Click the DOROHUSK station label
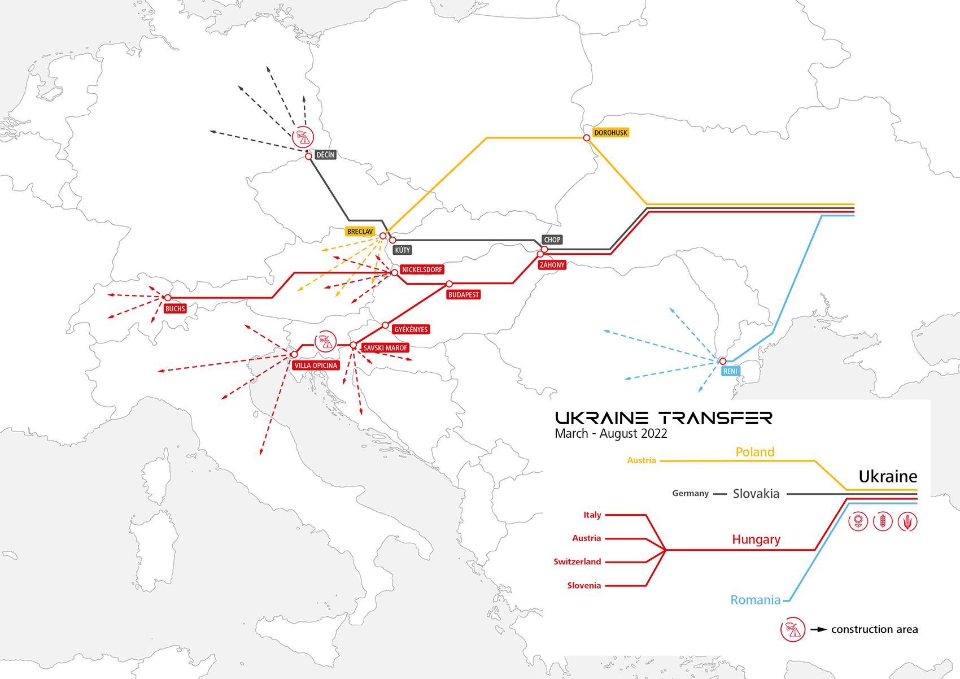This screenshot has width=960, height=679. [610, 133]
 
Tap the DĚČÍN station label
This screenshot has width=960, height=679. [325, 155]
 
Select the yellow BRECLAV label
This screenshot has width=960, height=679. [356, 232]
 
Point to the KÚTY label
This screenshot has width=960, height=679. [403, 250]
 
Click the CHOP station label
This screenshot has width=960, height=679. [552, 240]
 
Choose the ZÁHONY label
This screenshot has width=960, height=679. [552, 264]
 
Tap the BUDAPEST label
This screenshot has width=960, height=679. [463, 295]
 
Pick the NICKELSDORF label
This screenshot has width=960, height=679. [422, 269]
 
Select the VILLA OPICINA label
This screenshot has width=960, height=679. [316, 365]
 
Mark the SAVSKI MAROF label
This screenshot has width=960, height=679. [385, 348]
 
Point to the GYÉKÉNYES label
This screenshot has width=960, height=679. [411, 329]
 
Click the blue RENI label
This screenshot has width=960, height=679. [730, 371]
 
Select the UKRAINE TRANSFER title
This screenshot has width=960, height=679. [663, 418]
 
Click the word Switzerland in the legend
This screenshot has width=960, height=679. [577, 562]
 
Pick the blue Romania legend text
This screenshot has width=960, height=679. [755, 600]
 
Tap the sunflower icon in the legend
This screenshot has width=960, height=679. [858, 521]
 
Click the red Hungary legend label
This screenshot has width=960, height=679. [756, 539]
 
